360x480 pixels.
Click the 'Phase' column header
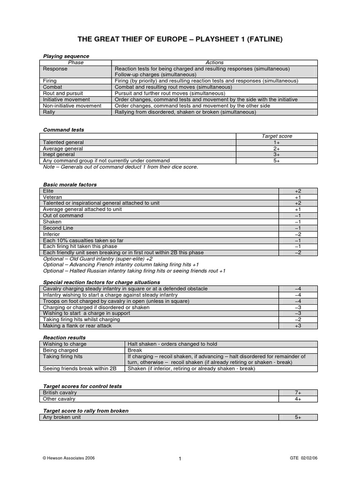pyautogui.click(x=75, y=62)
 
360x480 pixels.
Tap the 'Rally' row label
pyautogui.click(x=49, y=112)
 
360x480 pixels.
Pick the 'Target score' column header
pyautogui.click(x=277, y=136)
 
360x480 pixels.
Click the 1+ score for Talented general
pyautogui.click(x=277, y=142)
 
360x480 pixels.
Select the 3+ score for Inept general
pyautogui.click(x=277, y=154)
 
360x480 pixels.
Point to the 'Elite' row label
pyautogui.click(x=48, y=191)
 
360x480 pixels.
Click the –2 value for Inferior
pyautogui.click(x=298, y=234)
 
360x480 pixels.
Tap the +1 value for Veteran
pyautogui.click(x=298, y=197)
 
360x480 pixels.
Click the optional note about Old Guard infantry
pyautogui.click(x=97, y=258)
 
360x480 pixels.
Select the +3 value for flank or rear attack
pyautogui.click(x=298, y=325)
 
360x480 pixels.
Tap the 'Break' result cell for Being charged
pyautogui.click(x=135, y=350)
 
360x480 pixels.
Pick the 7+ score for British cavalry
pyautogui.click(x=298, y=393)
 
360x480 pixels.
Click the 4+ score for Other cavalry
pyautogui.click(x=298, y=399)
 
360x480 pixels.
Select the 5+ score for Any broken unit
pyautogui.click(x=298, y=417)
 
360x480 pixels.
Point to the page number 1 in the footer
pyautogui.click(x=180, y=459)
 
